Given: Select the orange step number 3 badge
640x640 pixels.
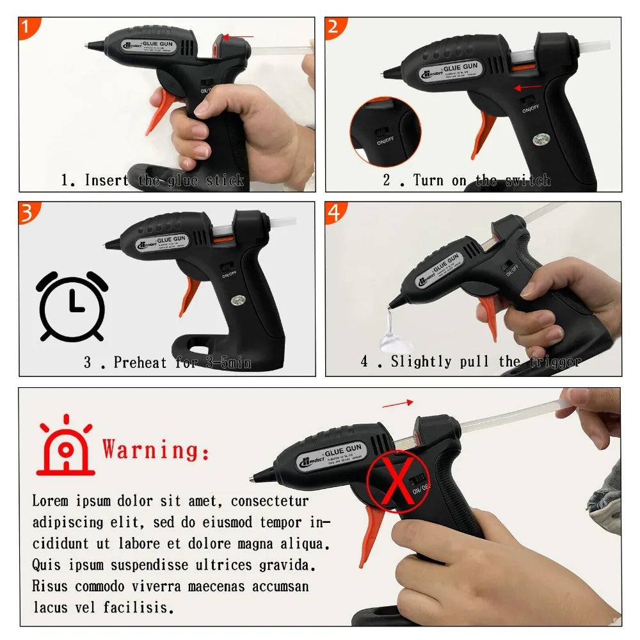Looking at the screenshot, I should coord(28,212).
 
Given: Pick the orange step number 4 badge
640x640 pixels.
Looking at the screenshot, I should coord(334,212).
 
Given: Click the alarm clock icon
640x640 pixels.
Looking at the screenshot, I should coord(72,307).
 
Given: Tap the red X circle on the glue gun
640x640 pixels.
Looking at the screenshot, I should coord(397,481).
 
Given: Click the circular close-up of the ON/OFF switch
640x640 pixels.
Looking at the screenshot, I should coord(385,132).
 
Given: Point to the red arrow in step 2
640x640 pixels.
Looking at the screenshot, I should coord(529,87).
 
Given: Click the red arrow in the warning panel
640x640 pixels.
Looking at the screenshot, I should coord(397,403).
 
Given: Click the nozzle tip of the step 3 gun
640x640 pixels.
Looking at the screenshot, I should coord(108,243).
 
